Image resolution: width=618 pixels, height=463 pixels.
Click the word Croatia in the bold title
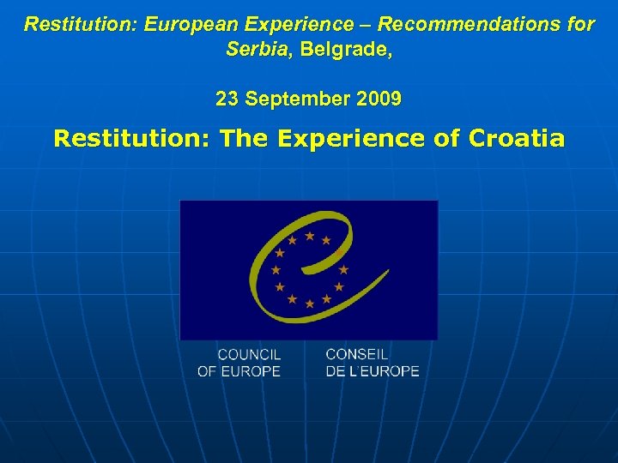[x=517, y=138]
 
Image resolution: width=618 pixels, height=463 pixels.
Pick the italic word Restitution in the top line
[x=80, y=24]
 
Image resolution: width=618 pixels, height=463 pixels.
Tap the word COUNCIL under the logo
[x=249, y=354]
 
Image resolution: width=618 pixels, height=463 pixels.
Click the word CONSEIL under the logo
[x=357, y=354]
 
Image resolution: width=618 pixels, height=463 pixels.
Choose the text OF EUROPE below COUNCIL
[x=239, y=371]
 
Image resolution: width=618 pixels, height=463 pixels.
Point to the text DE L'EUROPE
[x=373, y=371]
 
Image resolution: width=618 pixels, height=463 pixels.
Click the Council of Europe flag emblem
[x=309, y=269]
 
